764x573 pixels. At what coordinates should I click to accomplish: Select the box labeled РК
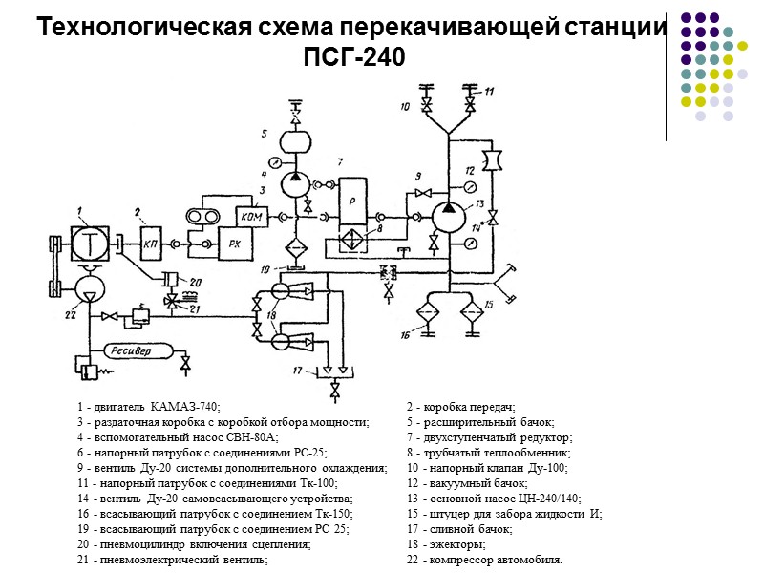click(235, 243)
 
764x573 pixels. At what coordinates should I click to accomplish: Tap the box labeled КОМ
click(252, 216)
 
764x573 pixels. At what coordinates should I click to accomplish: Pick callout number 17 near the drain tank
click(299, 371)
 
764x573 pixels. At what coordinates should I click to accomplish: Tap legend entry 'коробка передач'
click(467, 408)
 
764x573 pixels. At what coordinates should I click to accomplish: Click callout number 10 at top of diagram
click(405, 107)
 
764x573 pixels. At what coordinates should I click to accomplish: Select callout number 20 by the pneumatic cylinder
click(195, 281)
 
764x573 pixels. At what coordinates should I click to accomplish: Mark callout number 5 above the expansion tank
click(265, 132)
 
